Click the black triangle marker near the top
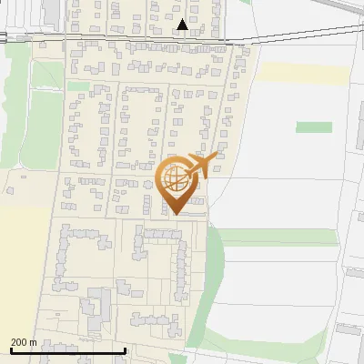(x=184, y=25)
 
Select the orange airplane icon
(x=200, y=166)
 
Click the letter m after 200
(x=35, y=342)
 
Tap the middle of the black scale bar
(x=68, y=350)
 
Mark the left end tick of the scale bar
(x=12, y=349)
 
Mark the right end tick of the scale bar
(x=125, y=349)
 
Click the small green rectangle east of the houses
(x=313, y=127)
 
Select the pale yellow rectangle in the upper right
(x=305, y=75)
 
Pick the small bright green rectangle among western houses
(x=78, y=86)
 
